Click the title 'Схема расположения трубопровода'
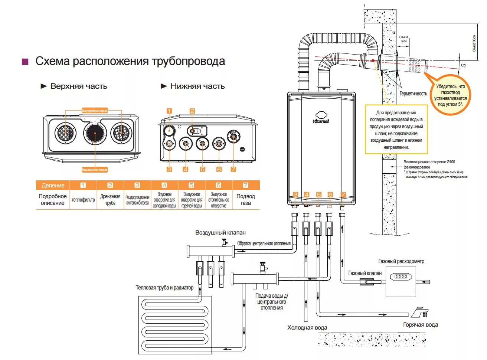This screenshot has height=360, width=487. coord(130,61)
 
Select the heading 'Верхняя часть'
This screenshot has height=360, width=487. coord(79,86)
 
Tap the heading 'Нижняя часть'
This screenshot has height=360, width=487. coord(197,86)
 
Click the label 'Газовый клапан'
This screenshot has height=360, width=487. coord(365,273)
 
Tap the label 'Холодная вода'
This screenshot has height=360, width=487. coord(307,328)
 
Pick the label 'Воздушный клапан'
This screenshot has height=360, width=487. coord(220,233)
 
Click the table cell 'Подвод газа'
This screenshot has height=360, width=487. coord(245,200)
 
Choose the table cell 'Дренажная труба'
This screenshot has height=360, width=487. coord(110,200)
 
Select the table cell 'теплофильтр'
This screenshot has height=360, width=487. coord(83,200)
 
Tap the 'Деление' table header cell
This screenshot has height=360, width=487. coord(53,185)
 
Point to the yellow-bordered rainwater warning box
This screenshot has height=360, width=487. coord(396,130)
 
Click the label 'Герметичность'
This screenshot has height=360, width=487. coord(413,94)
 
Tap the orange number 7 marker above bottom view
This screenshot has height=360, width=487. coord(233,169)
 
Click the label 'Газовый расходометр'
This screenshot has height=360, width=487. coord(401,261)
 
